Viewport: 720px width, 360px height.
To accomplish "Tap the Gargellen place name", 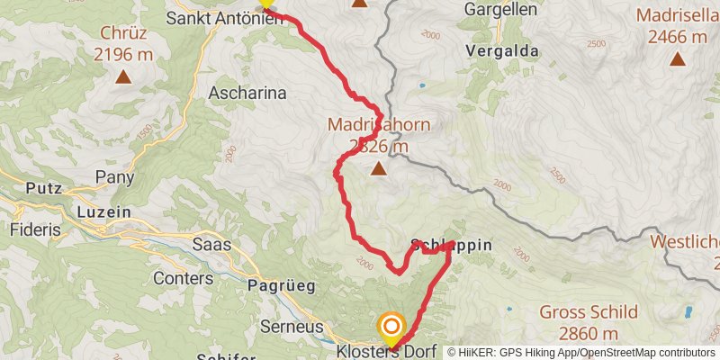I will coord(501,10).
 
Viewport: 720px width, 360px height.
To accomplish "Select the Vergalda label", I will coord(502,51).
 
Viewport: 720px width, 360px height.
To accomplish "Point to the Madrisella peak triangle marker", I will coord(677,60).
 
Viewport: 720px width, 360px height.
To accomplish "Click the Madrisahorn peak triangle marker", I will coord(379,168).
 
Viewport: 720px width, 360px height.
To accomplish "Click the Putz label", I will coord(43,190).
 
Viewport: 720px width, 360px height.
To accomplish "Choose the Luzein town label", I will coord(104,211).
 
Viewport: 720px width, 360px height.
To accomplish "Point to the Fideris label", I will coord(36,229).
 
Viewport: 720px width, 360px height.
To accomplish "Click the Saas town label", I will coord(212,244).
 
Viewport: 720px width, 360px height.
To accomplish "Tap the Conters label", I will coord(183,278).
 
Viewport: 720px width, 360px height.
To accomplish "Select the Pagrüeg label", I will coord(280,286).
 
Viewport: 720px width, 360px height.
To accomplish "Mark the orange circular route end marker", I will coord(391,326).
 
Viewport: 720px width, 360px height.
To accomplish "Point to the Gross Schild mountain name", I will coord(589,313).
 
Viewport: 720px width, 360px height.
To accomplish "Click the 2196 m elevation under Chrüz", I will coord(123,54).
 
